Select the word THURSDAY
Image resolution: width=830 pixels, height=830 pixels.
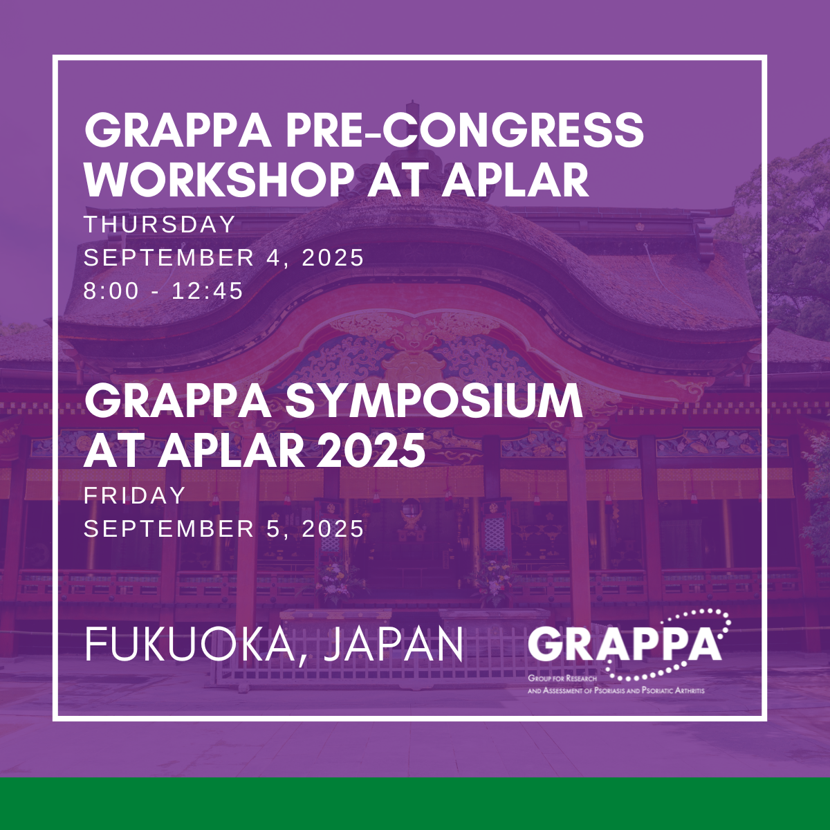tap(160, 224)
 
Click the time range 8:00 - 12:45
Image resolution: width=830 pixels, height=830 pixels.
tap(164, 290)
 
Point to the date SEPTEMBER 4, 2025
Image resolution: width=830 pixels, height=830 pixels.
tap(223, 257)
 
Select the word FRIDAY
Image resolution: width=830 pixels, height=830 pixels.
tap(135, 495)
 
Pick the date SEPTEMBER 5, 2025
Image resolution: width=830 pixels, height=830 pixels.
tap(223, 528)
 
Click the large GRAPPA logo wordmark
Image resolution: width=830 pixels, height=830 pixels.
tap(625, 645)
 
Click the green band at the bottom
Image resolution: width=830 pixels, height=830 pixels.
tap(415, 804)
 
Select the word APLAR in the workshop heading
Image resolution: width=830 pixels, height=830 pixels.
tap(516, 180)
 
